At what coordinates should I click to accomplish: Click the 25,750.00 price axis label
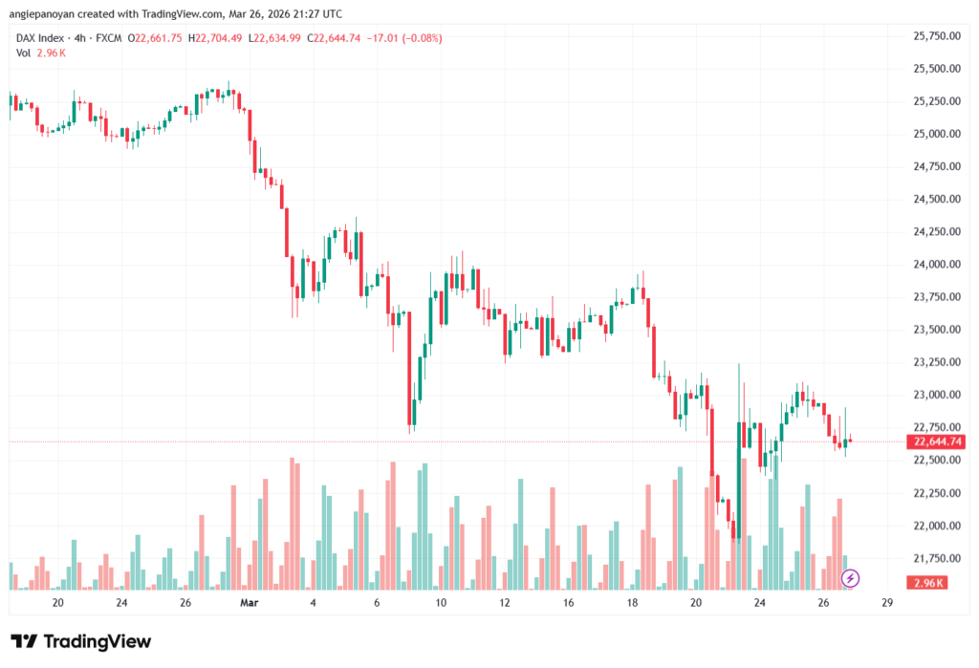(x=936, y=36)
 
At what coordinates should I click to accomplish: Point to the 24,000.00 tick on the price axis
(x=936, y=265)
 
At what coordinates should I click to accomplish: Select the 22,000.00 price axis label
(x=936, y=526)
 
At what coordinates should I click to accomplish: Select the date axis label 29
(x=887, y=603)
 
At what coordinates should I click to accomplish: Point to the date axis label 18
(x=632, y=603)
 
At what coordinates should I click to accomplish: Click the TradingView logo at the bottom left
(x=80, y=641)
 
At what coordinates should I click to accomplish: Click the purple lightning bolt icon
(x=850, y=578)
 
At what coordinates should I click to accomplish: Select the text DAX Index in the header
(x=41, y=38)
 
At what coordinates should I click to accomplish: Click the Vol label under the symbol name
(x=24, y=53)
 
